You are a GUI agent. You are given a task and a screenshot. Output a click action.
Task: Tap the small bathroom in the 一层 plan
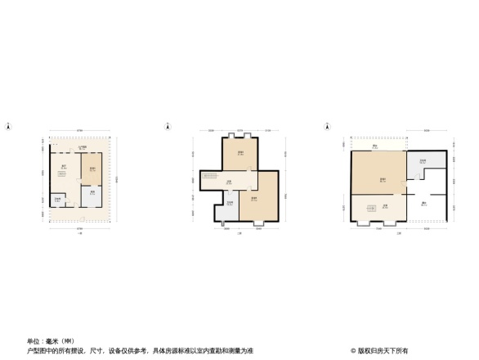coord(58,199)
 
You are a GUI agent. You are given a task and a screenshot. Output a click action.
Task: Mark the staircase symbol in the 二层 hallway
coord(210,181)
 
